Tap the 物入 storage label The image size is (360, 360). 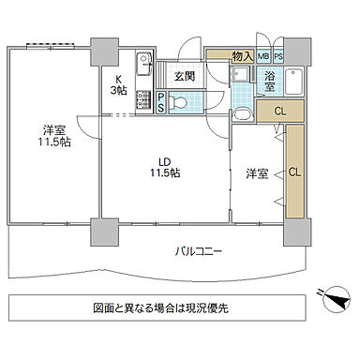(241, 57)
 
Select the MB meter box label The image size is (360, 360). (263, 57)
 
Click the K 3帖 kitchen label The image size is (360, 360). (120, 85)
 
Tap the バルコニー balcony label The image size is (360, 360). (197, 250)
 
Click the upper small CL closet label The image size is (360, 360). (279, 112)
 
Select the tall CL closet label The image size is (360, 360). (294, 172)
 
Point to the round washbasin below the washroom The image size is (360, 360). (243, 114)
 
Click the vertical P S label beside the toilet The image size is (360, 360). (162, 102)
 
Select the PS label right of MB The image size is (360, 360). (277, 57)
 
